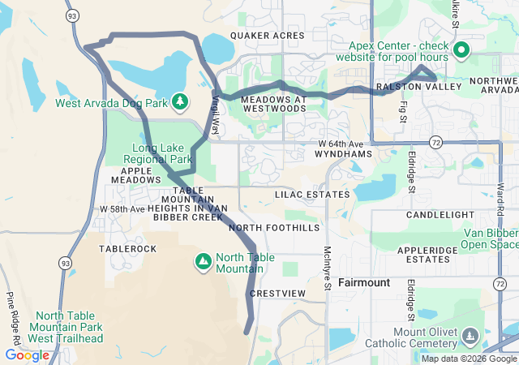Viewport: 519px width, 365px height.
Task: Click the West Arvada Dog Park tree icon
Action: [x=179, y=102]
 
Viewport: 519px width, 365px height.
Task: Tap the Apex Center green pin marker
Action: [x=461, y=51]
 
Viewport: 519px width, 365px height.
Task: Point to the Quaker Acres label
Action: [x=267, y=36]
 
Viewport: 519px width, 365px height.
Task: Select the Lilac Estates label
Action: [x=312, y=195]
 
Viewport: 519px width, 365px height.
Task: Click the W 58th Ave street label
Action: [x=122, y=209]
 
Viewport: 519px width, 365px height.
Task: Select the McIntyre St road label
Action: [x=327, y=268]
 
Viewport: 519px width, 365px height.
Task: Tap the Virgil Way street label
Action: [x=216, y=113]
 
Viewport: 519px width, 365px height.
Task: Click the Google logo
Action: [x=27, y=354]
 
